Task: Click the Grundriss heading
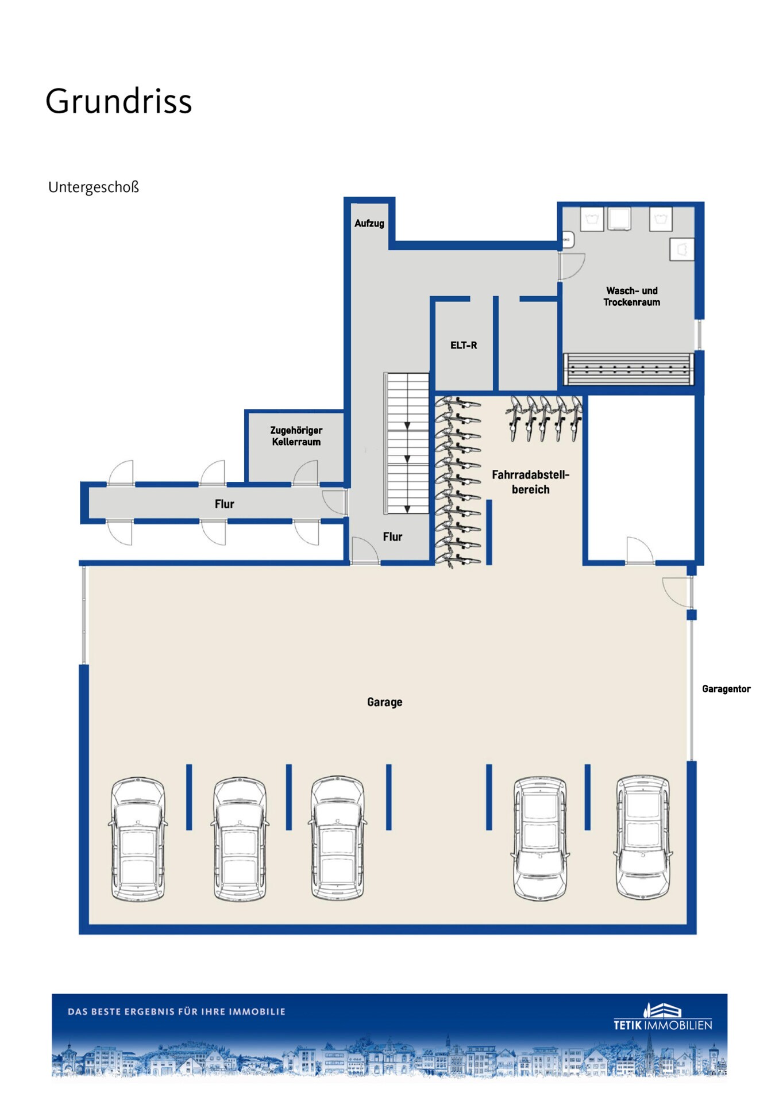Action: [x=118, y=101]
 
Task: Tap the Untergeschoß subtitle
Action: [x=94, y=187]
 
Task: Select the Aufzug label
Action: [x=369, y=224]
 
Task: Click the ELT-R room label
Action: [x=464, y=346]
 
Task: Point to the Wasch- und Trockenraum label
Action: [x=631, y=297]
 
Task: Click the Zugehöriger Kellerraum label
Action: [x=296, y=436]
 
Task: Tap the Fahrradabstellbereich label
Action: [x=531, y=482]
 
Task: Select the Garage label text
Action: [x=384, y=702]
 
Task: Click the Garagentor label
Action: [x=726, y=689]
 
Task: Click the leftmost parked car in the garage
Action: [x=138, y=839]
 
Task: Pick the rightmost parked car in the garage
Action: [x=643, y=836]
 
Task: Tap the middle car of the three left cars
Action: [x=240, y=839]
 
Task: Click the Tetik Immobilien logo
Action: [x=663, y=1017]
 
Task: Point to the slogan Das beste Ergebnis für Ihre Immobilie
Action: [x=176, y=1011]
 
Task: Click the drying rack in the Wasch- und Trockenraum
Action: [x=628, y=369]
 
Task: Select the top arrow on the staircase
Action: [x=407, y=425]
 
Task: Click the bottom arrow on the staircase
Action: [x=407, y=509]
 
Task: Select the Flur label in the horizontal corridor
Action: [x=224, y=504]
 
